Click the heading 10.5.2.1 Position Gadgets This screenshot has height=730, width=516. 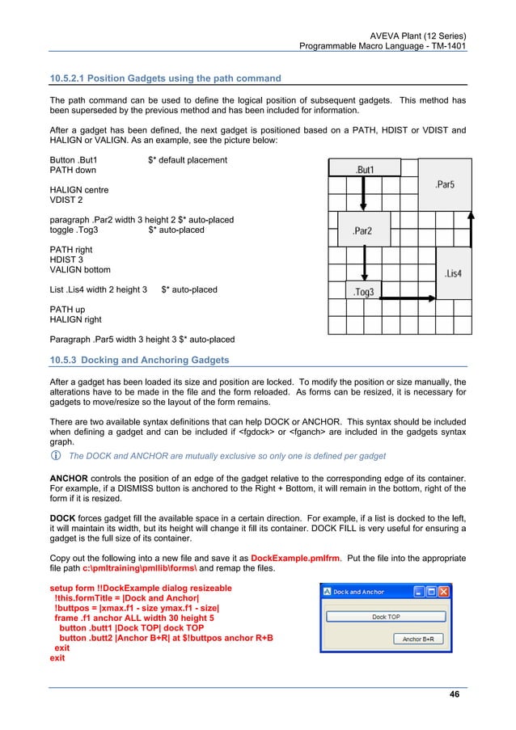pyautogui.click(x=166, y=78)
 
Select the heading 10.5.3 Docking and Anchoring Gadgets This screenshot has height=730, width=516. pyautogui.click(x=139, y=360)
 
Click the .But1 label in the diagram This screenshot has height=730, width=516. pyautogui.click(x=365, y=170)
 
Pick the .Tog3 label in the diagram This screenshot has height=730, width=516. pyautogui.click(x=364, y=292)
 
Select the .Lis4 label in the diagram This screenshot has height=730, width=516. pyautogui.click(x=453, y=274)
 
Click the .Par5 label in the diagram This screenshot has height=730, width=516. pyautogui.click(x=444, y=185)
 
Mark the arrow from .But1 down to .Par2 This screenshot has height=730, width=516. pyautogui.click(x=364, y=195)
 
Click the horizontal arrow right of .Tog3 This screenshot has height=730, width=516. pyautogui.click(x=408, y=298)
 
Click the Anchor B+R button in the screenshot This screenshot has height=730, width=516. pyautogui.click(x=423, y=639)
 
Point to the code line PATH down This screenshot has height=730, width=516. pyautogui.click(x=73, y=171)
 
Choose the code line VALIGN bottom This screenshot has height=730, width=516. pyautogui.click(x=81, y=269)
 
